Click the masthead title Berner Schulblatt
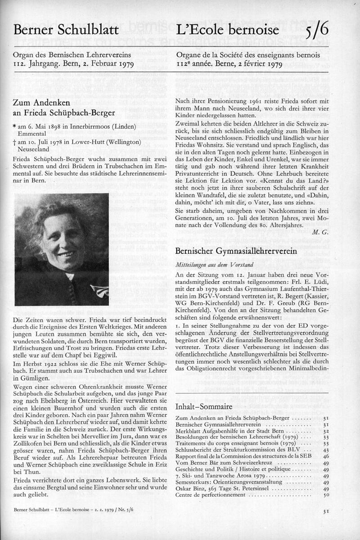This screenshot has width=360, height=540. (66, 30)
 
